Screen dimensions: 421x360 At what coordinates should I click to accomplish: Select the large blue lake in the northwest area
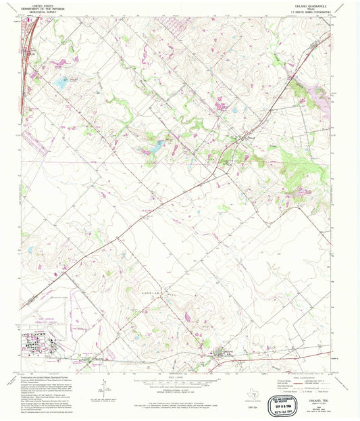click(x=61, y=82)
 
